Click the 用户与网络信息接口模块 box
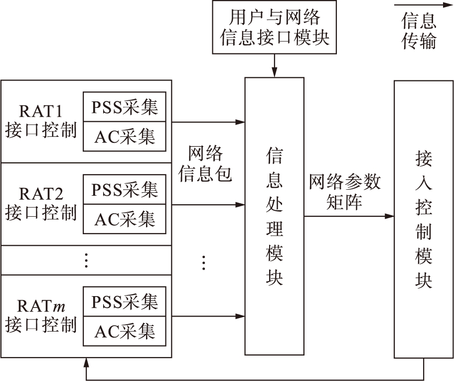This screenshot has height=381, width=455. [x=275, y=27]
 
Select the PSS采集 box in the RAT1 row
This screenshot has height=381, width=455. [x=124, y=107]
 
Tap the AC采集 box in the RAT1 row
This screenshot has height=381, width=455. [x=124, y=136]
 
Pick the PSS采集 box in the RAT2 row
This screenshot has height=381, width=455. [x=124, y=189]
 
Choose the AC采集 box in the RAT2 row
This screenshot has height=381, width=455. [x=124, y=218]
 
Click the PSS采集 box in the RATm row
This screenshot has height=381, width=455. [x=124, y=302]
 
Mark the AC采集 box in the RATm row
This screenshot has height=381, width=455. [x=124, y=331]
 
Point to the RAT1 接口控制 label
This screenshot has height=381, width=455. [x=41, y=120]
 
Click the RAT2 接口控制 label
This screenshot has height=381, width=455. [x=41, y=203]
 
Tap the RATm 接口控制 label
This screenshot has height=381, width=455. [x=41, y=315]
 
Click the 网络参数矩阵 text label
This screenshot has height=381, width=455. [x=344, y=192]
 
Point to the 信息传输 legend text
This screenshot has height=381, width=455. [x=419, y=30]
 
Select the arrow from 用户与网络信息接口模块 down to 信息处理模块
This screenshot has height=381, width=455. [x=274, y=65]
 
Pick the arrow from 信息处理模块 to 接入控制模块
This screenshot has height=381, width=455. [x=349, y=216]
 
